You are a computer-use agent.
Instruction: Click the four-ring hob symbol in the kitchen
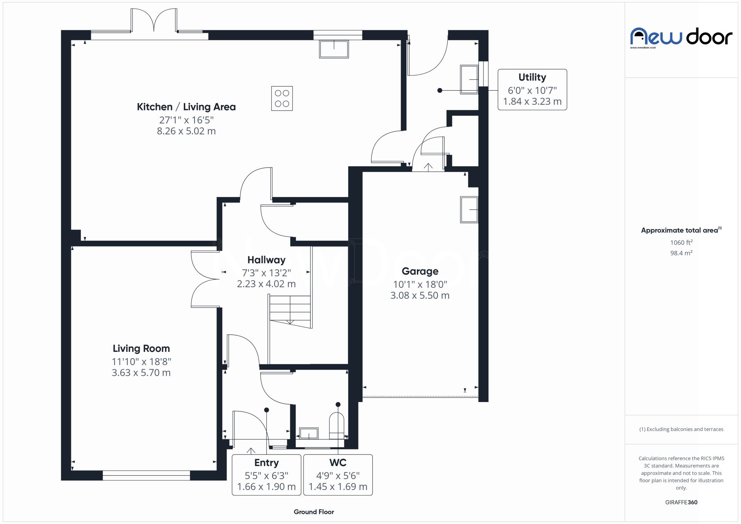[282, 98]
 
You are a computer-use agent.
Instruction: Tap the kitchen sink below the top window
[334, 49]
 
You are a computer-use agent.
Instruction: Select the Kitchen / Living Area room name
[186, 107]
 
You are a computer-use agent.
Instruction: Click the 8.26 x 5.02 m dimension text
[186, 131]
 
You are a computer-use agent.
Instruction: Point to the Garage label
[420, 271]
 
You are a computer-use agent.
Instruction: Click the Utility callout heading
[532, 77]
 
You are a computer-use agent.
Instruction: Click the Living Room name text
[141, 348]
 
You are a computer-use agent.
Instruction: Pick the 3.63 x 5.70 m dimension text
[141, 373]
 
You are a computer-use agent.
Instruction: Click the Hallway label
[266, 260]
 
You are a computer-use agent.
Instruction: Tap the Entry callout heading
[266, 463]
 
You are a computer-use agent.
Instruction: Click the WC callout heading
[338, 463]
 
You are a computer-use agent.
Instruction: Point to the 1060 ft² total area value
[681, 243]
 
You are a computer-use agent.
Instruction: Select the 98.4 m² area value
[681, 253]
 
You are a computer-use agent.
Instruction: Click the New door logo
[681, 37]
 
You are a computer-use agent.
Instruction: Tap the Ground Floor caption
[314, 512]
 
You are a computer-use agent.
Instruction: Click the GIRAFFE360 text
[681, 502]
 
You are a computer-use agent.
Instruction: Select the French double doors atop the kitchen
[154, 21]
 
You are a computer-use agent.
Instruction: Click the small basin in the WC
[309, 434]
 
